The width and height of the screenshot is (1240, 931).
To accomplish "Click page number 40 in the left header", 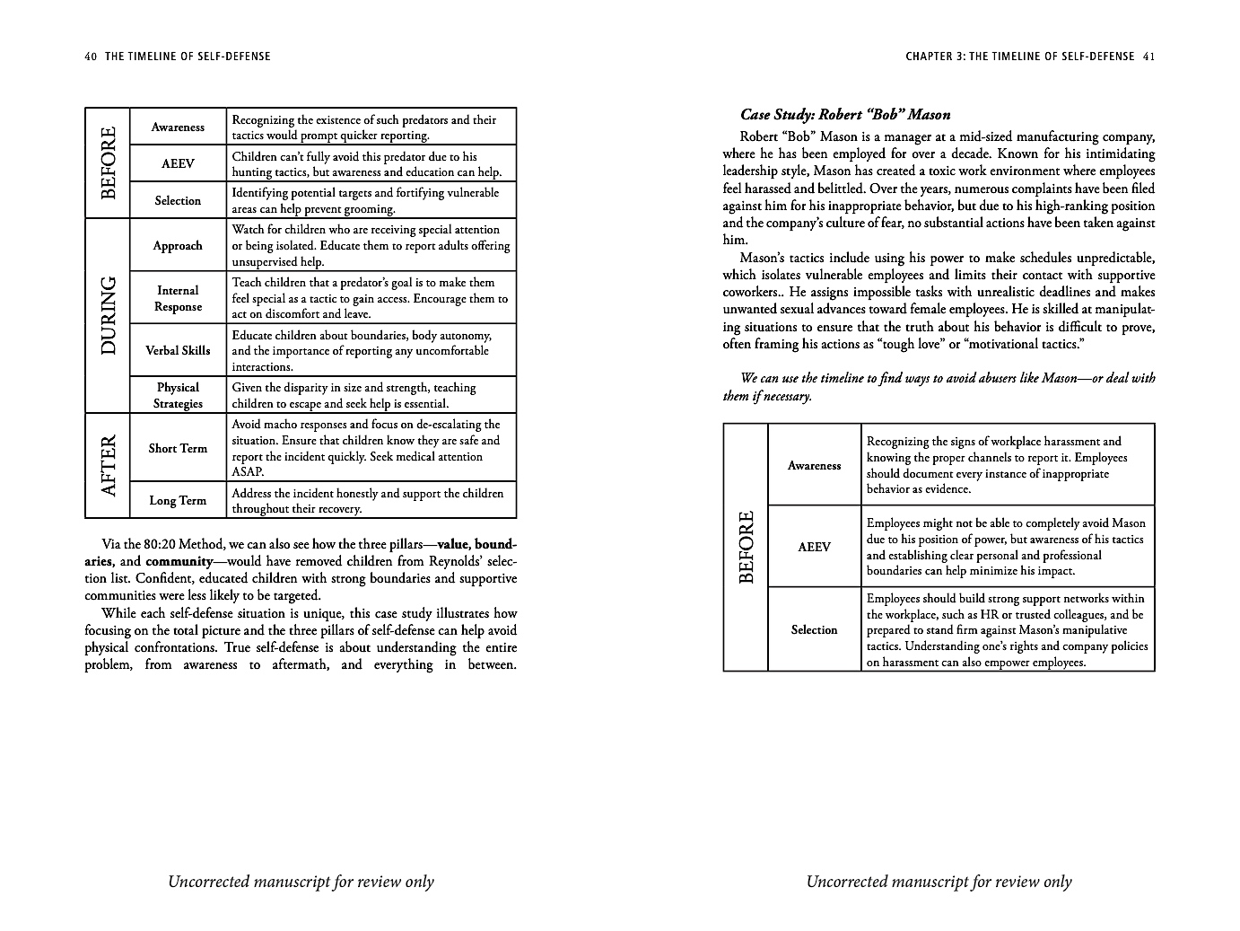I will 90,57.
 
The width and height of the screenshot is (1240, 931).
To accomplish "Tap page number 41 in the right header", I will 1148,57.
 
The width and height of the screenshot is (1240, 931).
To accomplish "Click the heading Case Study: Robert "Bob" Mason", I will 845,115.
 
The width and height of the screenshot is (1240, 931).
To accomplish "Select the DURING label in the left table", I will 108,315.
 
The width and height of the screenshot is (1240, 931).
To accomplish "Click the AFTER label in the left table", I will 108,465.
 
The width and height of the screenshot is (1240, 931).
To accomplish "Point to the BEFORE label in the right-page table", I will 746,547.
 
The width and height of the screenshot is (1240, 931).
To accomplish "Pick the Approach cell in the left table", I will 178,245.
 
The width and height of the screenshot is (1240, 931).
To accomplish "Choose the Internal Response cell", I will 178,298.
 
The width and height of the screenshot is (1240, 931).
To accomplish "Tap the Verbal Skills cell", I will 178,350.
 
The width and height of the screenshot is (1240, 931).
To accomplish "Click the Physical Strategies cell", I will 178,395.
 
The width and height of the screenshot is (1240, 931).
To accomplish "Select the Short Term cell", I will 178,448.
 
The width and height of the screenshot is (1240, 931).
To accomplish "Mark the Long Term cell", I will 178,500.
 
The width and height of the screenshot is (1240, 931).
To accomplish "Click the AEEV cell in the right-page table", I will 814,547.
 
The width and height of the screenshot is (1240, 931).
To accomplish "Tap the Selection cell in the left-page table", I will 178,200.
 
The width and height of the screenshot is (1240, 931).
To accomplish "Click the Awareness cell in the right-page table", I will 814,465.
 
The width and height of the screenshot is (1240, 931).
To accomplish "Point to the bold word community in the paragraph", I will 179,562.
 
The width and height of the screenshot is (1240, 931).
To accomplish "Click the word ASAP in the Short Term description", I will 248,472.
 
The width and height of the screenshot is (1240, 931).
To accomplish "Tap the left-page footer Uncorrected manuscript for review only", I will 301,882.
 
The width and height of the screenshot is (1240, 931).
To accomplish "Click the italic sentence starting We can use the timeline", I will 939,387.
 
